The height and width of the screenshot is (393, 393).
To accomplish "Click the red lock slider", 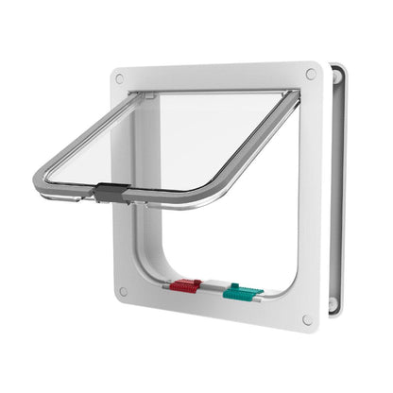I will coord(185,286).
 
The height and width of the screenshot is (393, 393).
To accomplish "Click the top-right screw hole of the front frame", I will coord(310,74).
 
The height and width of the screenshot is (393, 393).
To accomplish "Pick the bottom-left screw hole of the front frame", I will coord(123,292).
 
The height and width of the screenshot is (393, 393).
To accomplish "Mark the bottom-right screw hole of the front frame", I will coord(308,320).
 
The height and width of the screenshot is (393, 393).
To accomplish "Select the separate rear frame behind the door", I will coord(336,189).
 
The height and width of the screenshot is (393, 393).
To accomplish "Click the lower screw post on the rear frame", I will coord(333,304).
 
